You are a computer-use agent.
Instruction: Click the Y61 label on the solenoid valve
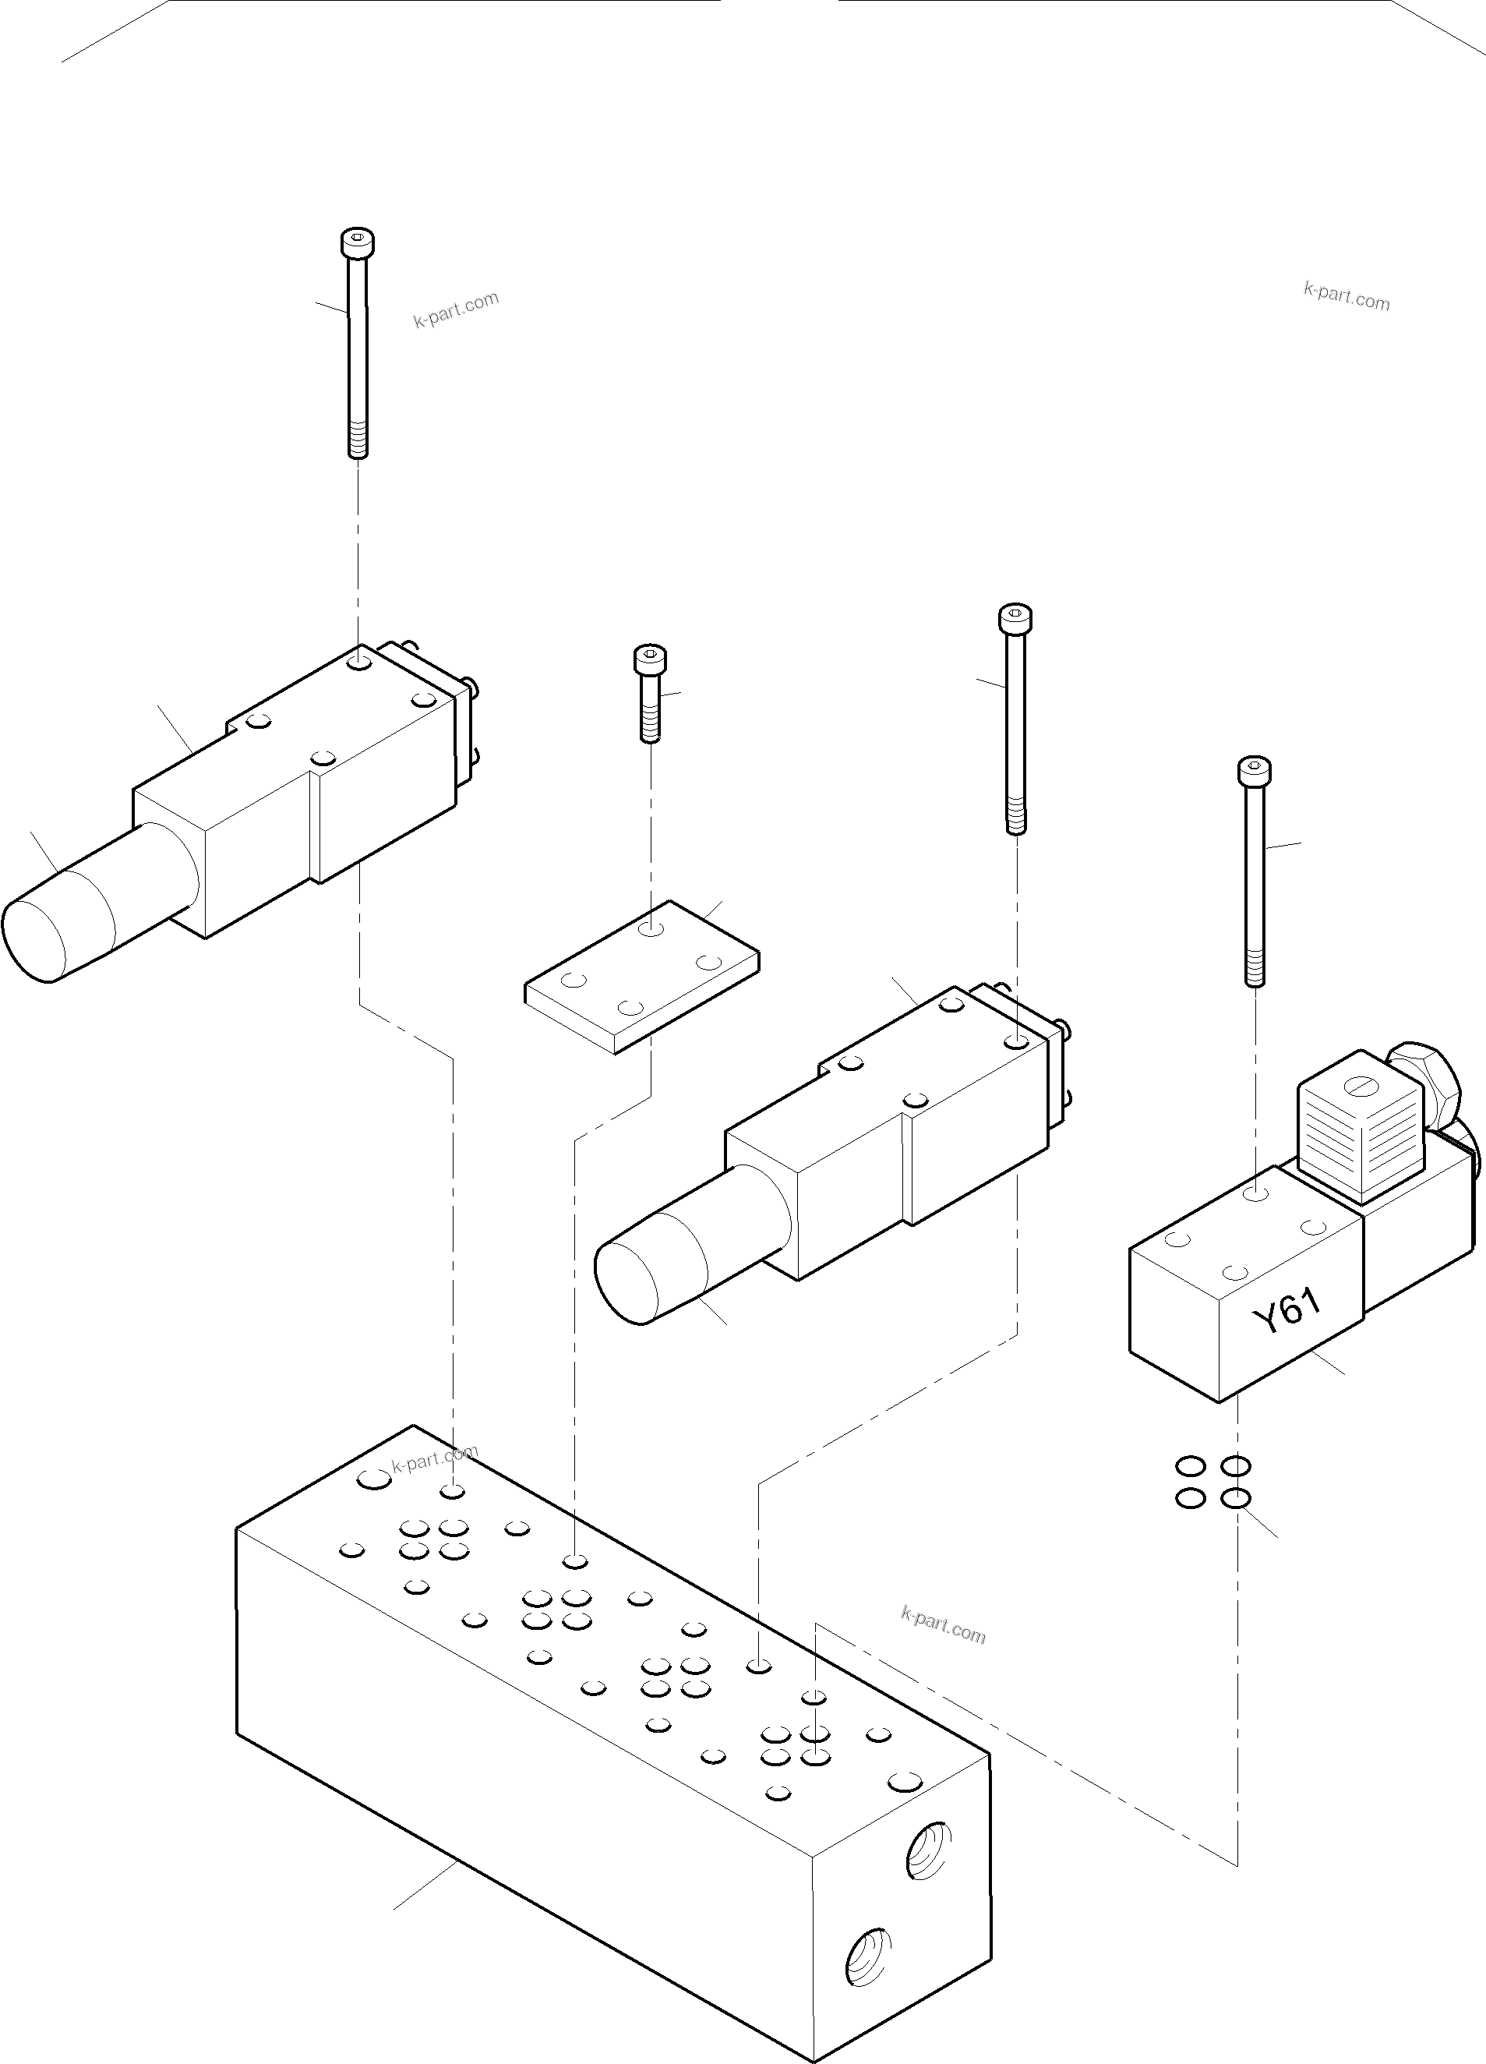click(x=1287, y=1314)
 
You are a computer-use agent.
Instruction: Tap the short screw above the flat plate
click(x=650, y=691)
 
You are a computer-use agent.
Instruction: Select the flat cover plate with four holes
click(x=641, y=977)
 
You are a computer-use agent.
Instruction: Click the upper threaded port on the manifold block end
click(x=929, y=1850)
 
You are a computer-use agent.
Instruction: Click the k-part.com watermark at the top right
click(x=1346, y=297)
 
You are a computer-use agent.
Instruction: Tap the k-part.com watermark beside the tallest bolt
click(x=456, y=310)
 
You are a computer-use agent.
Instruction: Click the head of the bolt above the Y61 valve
click(x=1254, y=772)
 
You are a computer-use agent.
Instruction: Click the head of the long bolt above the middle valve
click(x=1015, y=619)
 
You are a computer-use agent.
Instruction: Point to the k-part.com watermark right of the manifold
click(x=943, y=1625)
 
